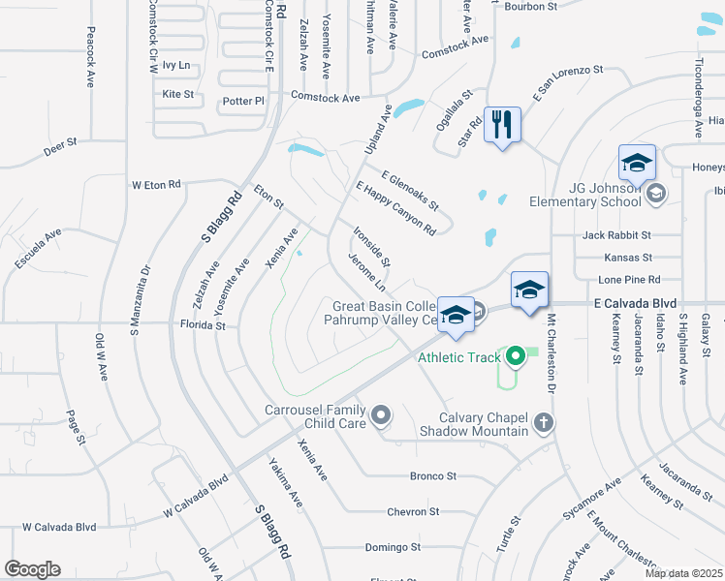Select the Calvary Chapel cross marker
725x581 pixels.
544,422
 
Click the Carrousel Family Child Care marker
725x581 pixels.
381,416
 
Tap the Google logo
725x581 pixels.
32,569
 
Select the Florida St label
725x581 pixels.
205,326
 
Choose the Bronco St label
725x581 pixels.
432,475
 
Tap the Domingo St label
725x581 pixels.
393,547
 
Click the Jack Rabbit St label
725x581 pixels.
616,234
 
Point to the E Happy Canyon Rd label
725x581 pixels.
395,207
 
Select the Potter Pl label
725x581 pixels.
243,101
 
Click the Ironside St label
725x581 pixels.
371,247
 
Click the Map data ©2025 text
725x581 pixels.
683,573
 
